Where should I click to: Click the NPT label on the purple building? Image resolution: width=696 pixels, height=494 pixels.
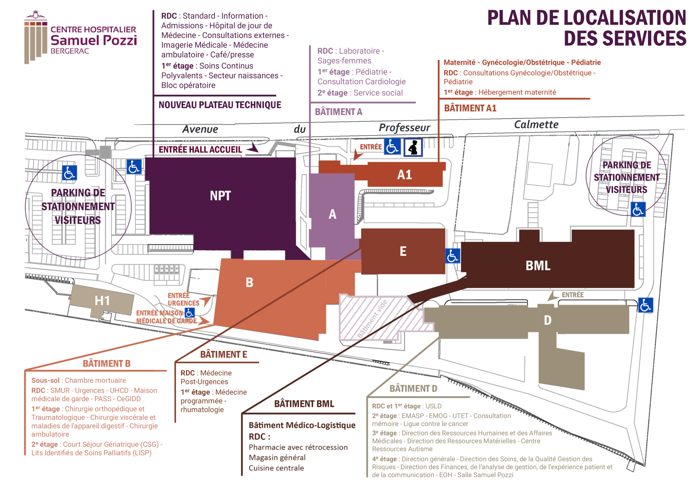(x=220, y=196)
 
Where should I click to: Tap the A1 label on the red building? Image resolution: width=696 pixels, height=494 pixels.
(x=405, y=175)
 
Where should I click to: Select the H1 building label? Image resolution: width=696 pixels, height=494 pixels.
(x=102, y=301)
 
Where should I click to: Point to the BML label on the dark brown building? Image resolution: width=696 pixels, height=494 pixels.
(x=538, y=265)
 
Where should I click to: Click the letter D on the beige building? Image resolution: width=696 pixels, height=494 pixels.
(x=548, y=320)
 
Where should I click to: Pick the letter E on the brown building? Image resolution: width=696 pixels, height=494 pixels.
(x=403, y=252)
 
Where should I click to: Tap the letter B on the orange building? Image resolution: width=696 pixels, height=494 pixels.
(x=249, y=283)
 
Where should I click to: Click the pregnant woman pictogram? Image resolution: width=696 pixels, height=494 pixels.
(x=413, y=147)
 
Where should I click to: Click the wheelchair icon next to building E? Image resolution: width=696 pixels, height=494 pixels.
(x=453, y=256)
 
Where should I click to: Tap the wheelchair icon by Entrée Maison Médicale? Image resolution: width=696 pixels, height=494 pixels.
(x=189, y=312)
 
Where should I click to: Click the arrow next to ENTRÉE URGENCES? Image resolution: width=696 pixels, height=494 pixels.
(x=206, y=301)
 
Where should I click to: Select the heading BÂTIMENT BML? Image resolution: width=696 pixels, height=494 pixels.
(x=304, y=404)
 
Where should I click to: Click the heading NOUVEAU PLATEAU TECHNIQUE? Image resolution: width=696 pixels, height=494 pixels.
(x=220, y=105)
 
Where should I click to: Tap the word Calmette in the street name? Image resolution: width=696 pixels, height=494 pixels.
(x=536, y=124)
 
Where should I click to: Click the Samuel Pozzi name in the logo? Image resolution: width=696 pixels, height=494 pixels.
(x=94, y=40)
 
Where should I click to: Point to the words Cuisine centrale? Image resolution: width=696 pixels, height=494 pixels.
(x=276, y=468)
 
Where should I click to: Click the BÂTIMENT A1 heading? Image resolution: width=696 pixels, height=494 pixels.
(x=470, y=108)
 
